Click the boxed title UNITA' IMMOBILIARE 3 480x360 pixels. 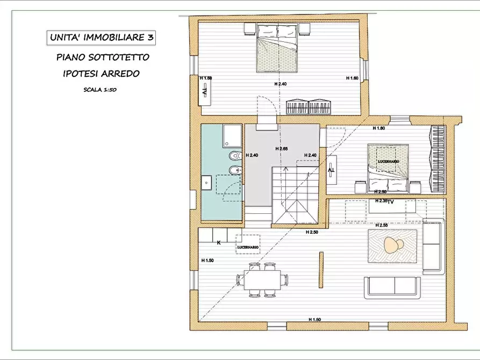coord(101,38)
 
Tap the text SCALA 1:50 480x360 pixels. coord(100,90)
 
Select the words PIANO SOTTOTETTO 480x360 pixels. coord(102,57)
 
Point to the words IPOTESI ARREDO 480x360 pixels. coord(101,74)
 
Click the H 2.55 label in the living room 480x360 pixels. coord(382,225)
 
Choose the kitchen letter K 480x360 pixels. coord(219,243)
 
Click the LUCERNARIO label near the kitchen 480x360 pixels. coord(248,247)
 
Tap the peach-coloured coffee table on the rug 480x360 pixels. coord(392,246)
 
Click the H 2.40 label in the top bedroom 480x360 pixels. coord(281,84)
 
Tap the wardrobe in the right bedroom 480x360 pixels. coord(437,159)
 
